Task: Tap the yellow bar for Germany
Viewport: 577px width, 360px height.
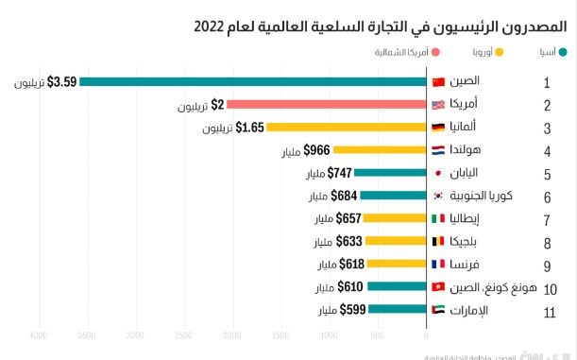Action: pyautogui.click(x=346, y=127)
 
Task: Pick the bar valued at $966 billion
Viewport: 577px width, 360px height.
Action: pyautogui.click(x=379, y=149)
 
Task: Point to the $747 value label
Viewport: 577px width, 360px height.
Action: pyautogui.click(x=339, y=173)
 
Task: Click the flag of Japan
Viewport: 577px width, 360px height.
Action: pyautogui.click(x=438, y=173)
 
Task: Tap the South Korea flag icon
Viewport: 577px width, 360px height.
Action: pyautogui.click(x=438, y=196)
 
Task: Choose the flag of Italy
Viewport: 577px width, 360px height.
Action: pyautogui.click(x=438, y=218)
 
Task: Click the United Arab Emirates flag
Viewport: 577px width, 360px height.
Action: pyautogui.click(x=438, y=309)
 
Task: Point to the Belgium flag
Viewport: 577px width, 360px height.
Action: pyautogui.click(x=438, y=241)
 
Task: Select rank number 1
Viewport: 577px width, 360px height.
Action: pyautogui.click(x=547, y=83)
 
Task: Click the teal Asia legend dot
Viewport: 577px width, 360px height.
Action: pyautogui.click(x=564, y=54)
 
